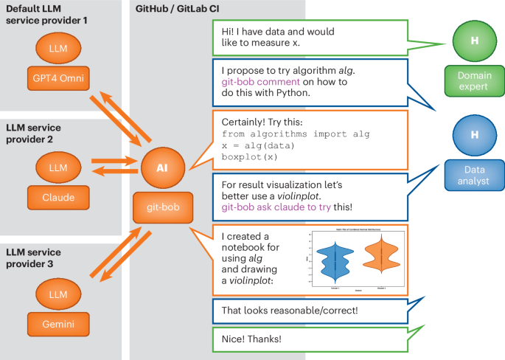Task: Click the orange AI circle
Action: click(x=162, y=167)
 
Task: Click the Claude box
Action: click(x=57, y=197)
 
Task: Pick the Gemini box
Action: click(x=57, y=323)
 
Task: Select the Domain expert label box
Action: click(x=473, y=80)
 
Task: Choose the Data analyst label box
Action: click(x=473, y=175)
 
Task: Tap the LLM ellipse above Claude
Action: click(x=57, y=167)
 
